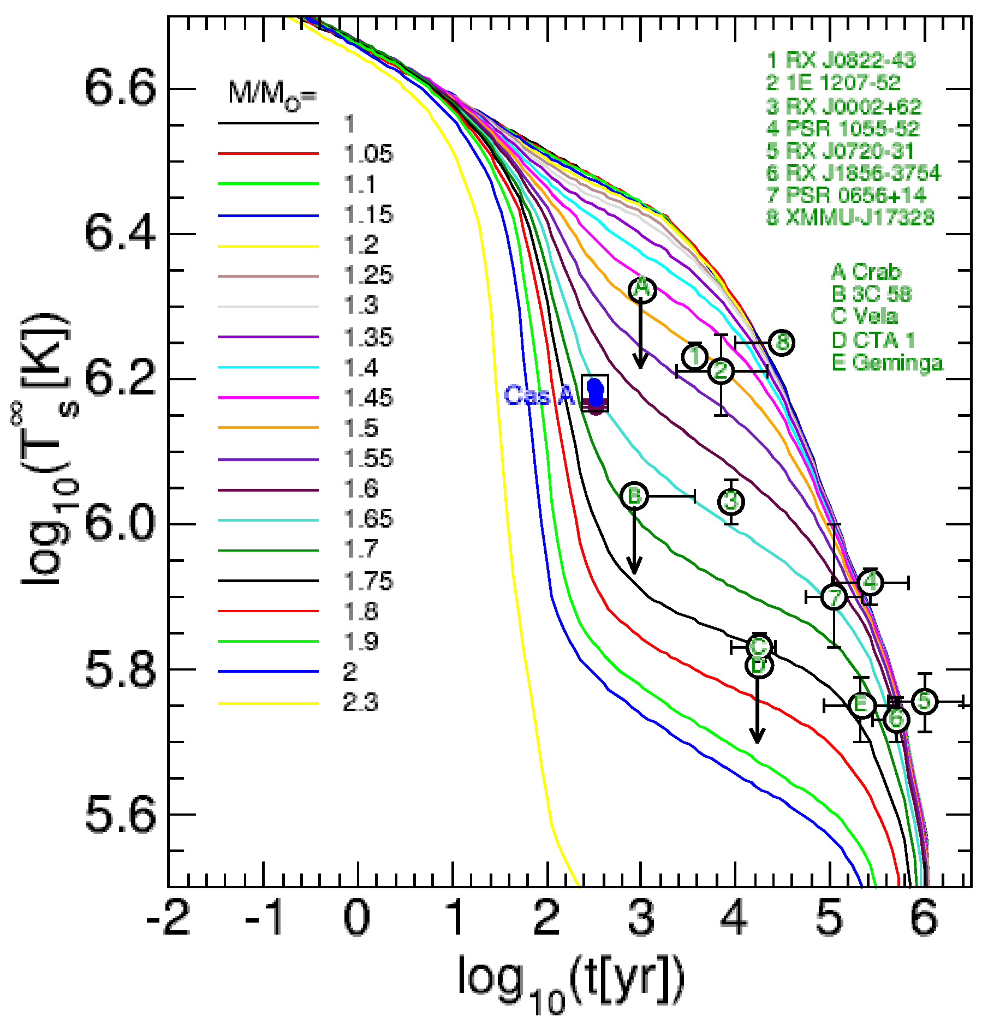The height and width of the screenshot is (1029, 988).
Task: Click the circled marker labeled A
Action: [642, 290]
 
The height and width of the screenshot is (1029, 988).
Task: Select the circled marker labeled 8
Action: [782, 343]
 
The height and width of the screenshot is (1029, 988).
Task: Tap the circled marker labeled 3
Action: [731, 501]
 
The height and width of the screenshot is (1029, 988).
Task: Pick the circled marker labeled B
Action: [634, 496]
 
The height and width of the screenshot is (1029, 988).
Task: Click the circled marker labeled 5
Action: [924, 701]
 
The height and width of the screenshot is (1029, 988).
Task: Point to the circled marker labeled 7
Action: [834, 597]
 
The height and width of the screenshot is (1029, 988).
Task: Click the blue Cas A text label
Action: [539, 395]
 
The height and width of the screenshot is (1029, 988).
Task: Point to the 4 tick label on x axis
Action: [735, 918]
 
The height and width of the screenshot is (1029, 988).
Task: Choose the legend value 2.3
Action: [360, 703]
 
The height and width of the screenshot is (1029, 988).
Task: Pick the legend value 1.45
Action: [368, 398]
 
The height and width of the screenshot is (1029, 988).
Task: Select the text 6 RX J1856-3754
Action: [853, 173]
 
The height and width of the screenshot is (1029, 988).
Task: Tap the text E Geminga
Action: [887, 362]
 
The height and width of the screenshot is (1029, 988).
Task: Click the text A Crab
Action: [866, 271]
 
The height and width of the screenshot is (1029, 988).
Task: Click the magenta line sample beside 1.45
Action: [268, 398]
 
